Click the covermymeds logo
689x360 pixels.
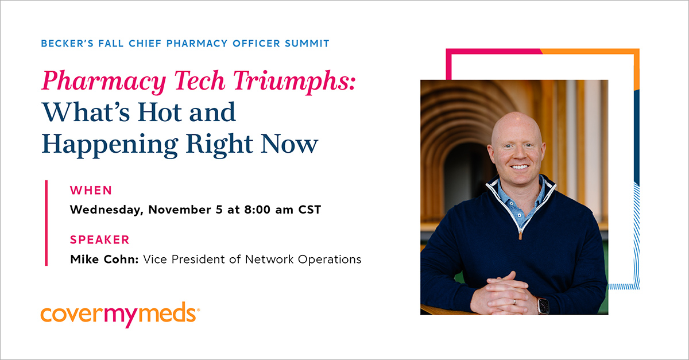point(120,315)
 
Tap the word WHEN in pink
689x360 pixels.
point(91,191)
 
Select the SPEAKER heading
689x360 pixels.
point(99,240)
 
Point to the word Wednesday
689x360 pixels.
point(104,210)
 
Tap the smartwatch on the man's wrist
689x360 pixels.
point(542,305)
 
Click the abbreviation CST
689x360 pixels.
point(309,210)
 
